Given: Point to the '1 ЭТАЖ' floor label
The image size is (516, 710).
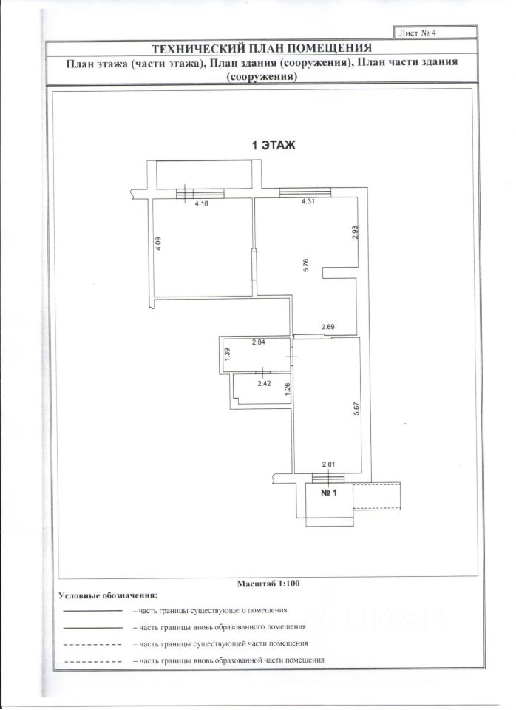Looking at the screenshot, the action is coord(274,146).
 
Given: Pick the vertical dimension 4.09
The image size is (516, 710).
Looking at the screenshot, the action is coord(157,244).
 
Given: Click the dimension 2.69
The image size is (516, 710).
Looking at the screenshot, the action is coord(328,327).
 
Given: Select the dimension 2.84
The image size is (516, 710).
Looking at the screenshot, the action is coord(258,342).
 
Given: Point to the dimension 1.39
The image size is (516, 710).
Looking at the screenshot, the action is coord(228,354).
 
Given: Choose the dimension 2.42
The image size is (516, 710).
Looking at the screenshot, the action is coord(264,383).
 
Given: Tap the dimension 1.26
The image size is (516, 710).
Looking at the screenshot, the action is coord(287,387).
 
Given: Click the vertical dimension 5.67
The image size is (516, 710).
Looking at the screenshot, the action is coord(356,409).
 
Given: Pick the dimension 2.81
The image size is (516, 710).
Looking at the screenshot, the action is coord(329,464).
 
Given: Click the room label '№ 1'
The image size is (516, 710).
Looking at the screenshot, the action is coord(329,495).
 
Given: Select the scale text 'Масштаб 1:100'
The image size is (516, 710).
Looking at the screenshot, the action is coord(268,584).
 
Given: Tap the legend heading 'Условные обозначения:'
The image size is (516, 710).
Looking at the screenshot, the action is coord(108,595).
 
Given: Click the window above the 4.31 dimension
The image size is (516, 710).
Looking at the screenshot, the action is coord(305,193).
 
